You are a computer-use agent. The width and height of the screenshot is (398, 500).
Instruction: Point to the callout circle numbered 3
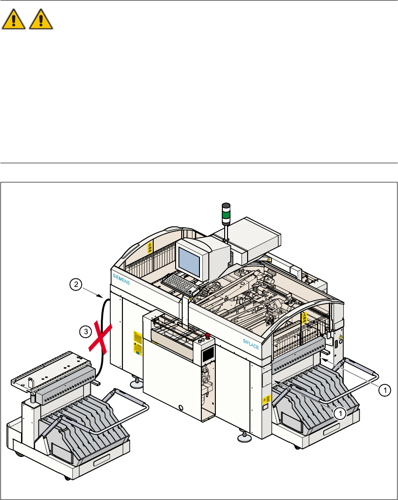tap(85, 332)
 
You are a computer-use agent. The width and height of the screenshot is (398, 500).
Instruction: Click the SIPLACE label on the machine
tap(251, 345)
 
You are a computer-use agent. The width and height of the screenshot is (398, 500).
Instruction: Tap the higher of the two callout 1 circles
tap(384, 389)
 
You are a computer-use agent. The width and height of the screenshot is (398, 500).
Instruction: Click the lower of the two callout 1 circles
tap(341, 412)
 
